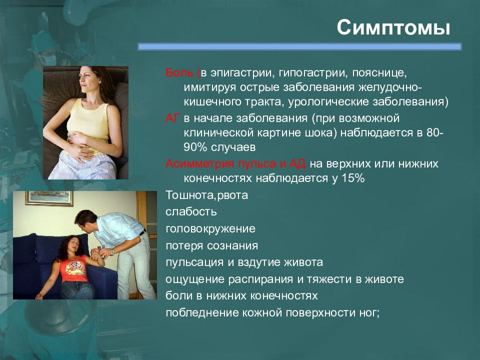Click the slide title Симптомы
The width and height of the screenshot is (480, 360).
tap(393, 27)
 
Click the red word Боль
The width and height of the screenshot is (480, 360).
tap(179, 73)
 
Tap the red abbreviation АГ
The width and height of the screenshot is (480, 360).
tap(171, 118)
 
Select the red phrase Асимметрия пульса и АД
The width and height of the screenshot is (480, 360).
tap(235, 164)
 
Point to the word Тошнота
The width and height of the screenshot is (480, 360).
tap(189, 195)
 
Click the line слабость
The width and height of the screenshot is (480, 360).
tap(191, 211)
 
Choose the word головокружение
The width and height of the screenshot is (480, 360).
tap(210, 228)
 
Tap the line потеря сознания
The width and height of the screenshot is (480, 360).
tap(211, 245)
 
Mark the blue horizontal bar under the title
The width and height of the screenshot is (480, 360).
tap(299, 46)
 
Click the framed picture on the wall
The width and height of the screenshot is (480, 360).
tap(49, 198)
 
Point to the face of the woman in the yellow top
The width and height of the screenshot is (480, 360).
tap(86, 79)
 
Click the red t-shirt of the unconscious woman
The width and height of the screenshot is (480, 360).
tap(73, 269)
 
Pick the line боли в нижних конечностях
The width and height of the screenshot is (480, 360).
tap(241, 295)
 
